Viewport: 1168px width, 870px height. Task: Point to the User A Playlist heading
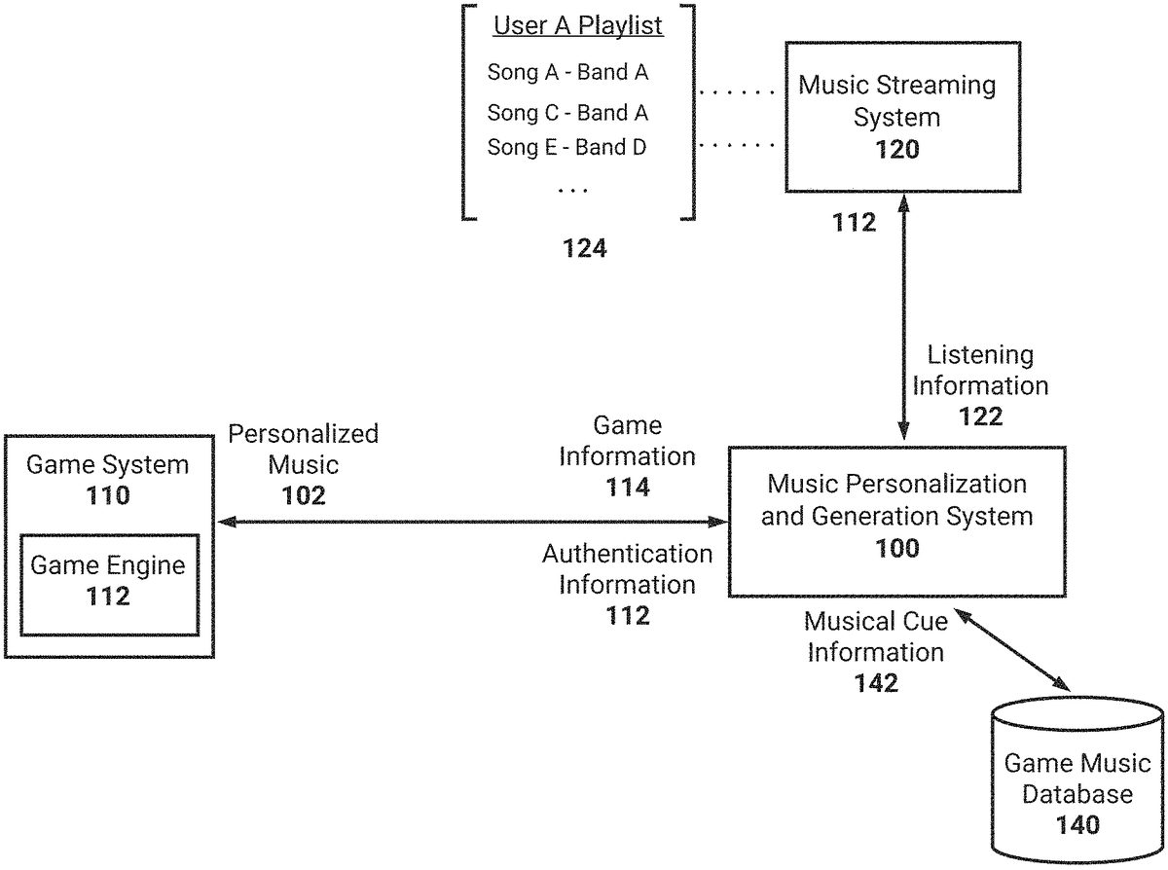[578, 26]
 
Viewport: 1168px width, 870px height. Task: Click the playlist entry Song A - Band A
[567, 72]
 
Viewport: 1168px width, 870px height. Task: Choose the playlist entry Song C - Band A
[567, 113]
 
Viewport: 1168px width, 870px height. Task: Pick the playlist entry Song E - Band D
[567, 148]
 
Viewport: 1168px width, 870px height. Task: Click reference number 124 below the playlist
[585, 249]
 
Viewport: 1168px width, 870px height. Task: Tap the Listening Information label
[980, 371]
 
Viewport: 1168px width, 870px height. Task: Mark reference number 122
[980, 417]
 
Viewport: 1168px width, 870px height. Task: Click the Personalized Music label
[303, 449]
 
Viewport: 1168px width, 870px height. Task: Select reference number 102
[303, 495]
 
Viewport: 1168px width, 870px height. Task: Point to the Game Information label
[628, 441]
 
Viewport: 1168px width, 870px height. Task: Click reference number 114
[628, 488]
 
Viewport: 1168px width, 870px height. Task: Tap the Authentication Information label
[628, 569]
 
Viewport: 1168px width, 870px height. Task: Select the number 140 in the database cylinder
[1077, 825]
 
